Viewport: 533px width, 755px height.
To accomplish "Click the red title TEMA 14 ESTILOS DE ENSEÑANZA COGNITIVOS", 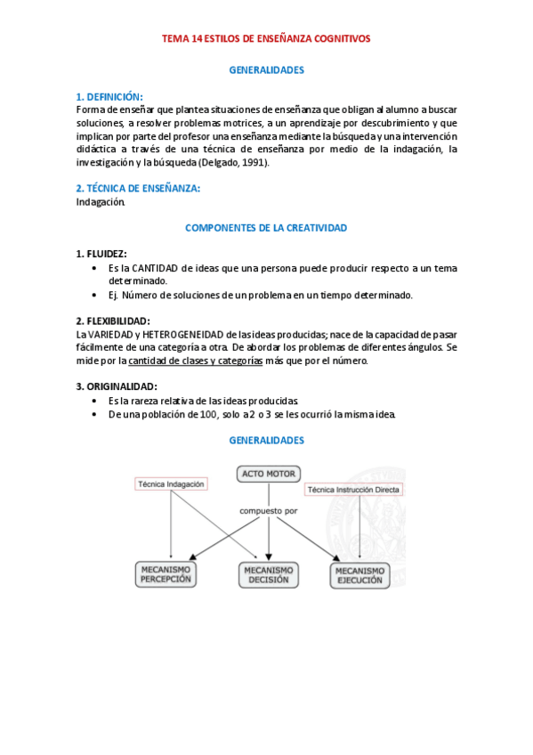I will click(x=266, y=39).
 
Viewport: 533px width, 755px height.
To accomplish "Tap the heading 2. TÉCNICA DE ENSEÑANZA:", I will click(x=138, y=188).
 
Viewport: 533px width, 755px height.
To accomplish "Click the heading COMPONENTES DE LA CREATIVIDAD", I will click(x=266, y=228).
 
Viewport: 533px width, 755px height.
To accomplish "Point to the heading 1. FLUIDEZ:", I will click(x=101, y=254).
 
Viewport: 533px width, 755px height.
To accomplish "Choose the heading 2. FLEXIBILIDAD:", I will click(x=113, y=321).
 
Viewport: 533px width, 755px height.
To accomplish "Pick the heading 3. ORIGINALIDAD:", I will click(x=117, y=386).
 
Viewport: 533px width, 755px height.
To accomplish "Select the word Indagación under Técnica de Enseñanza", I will click(x=101, y=201).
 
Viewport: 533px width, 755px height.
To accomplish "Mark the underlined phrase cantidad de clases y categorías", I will click(x=195, y=361).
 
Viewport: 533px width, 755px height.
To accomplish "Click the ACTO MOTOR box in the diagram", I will click(x=269, y=474).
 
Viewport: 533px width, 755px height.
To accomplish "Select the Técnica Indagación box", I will click(x=171, y=484).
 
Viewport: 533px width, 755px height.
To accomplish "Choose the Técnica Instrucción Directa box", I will click(x=353, y=490).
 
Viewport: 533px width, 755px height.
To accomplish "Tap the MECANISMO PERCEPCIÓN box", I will click(x=167, y=574).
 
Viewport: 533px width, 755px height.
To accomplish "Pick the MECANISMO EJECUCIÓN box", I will click(x=359, y=575).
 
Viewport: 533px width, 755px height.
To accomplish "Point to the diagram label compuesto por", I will click(x=267, y=511).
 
